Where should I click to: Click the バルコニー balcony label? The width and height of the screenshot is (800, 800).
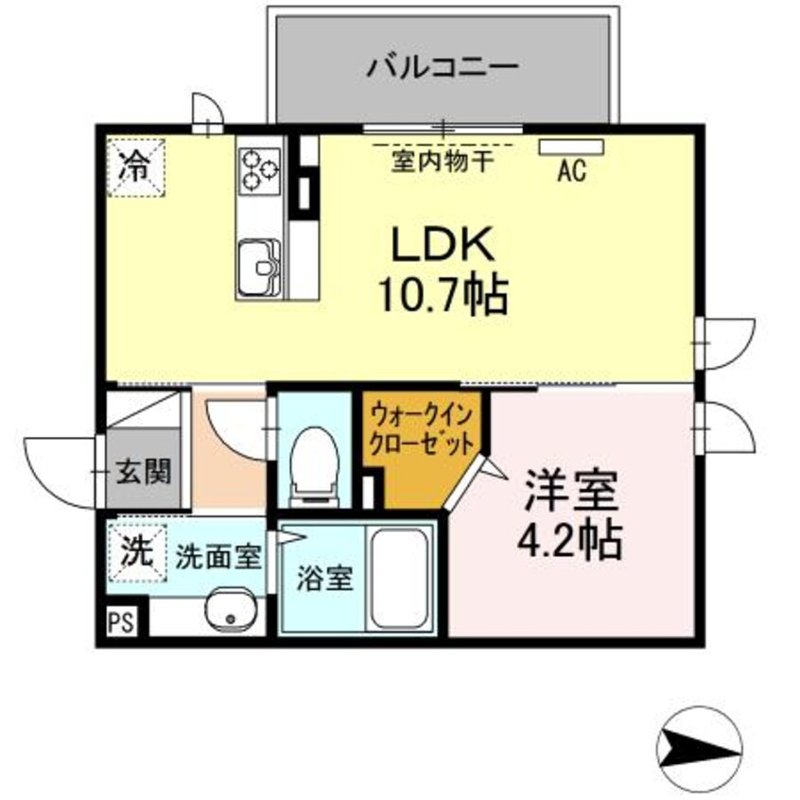[443, 68]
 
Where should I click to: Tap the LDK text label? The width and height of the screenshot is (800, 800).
[443, 248]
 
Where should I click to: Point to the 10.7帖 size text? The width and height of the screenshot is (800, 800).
[443, 296]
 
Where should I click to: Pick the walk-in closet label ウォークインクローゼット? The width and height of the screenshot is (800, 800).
[421, 427]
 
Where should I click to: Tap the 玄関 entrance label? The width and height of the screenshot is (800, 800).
[145, 470]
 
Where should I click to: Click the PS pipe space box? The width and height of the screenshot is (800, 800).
[120, 622]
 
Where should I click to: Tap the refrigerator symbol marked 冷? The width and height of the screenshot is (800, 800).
[135, 167]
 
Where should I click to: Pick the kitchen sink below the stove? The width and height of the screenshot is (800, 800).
[259, 265]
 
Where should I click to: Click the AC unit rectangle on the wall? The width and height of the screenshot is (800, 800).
[571, 147]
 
